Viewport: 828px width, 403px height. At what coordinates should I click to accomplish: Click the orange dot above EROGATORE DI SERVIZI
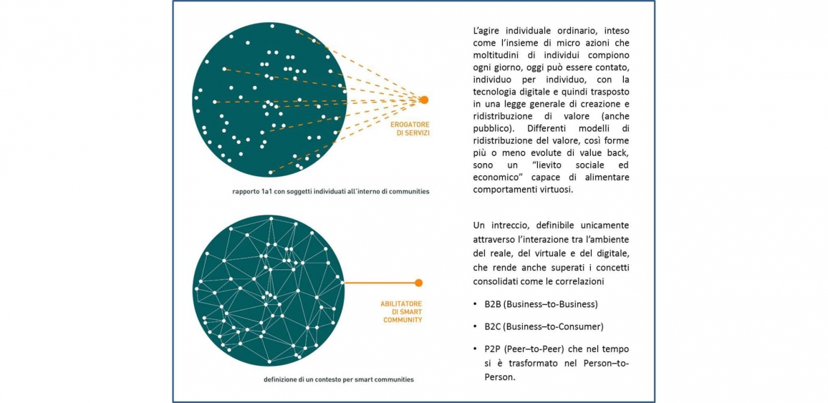(423, 99)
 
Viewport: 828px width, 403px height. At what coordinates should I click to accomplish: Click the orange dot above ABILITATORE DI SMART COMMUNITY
(419, 283)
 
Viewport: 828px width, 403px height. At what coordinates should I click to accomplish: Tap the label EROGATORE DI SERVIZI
(410, 130)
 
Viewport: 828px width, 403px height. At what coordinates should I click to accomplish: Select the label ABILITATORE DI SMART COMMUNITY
(401, 312)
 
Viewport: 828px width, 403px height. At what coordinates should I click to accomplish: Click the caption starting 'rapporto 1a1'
(326, 191)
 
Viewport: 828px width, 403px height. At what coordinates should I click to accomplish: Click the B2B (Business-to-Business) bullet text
(541, 304)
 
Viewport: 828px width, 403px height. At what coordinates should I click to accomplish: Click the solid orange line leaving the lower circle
(380, 283)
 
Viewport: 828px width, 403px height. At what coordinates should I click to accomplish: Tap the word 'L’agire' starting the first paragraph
(485, 31)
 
